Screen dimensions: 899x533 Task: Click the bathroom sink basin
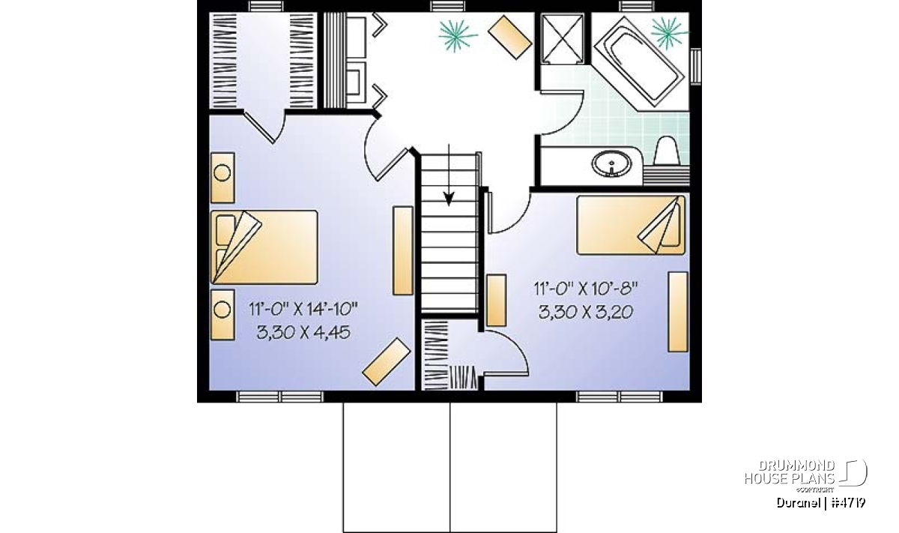(611, 164)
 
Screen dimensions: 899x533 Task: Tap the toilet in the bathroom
(667, 151)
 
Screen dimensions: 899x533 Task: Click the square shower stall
(563, 38)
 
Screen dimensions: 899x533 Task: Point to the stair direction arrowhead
(449, 199)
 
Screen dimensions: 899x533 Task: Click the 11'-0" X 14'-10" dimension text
(303, 310)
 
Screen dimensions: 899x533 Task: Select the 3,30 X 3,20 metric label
(586, 312)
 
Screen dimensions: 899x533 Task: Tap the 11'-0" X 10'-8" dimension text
(586, 289)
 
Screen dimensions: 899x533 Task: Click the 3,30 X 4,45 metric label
(303, 332)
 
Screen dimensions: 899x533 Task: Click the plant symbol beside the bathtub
(668, 32)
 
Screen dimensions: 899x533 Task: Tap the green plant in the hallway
(457, 35)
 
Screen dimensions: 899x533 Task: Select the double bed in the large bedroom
(264, 247)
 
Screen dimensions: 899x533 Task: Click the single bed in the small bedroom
(631, 225)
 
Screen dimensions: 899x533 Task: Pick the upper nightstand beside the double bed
(223, 178)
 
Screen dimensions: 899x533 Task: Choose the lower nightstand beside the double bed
(223, 315)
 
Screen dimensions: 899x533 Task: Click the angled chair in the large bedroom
(387, 361)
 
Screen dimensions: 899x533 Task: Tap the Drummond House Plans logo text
(790, 472)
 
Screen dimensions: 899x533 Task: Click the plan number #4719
(848, 503)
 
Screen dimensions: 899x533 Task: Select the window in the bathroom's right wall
(696, 67)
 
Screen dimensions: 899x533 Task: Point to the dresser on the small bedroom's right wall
(678, 312)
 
